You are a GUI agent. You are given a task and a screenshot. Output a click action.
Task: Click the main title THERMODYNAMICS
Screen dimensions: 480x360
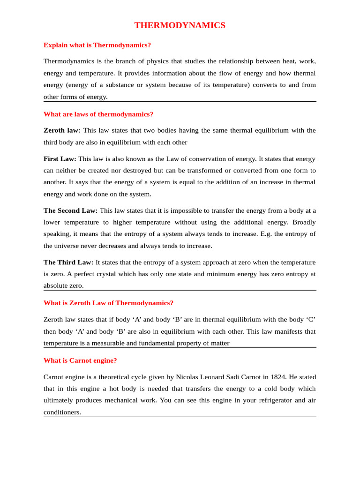(180, 25)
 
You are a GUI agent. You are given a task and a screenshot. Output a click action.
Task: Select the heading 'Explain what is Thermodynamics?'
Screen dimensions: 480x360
(97, 45)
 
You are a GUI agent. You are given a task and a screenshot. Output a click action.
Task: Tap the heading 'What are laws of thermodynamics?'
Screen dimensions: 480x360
(98, 114)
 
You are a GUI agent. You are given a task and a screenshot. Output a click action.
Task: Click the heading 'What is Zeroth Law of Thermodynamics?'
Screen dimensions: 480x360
(108, 303)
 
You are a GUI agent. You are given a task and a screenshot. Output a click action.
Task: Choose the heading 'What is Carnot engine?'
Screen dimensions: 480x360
(80, 360)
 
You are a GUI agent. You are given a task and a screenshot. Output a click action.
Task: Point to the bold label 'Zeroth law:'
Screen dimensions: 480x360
(62, 130)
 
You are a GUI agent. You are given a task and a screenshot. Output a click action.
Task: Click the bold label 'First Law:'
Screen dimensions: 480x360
(60, 159)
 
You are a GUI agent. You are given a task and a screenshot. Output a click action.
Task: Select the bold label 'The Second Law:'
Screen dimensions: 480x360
(70, 210)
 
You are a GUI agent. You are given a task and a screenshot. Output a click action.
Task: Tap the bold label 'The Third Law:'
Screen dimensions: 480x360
(68, 262)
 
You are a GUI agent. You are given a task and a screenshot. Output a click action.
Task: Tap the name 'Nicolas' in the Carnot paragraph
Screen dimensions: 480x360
(188, 377)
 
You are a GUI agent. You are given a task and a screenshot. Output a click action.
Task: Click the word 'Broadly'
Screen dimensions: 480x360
(304, 222)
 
